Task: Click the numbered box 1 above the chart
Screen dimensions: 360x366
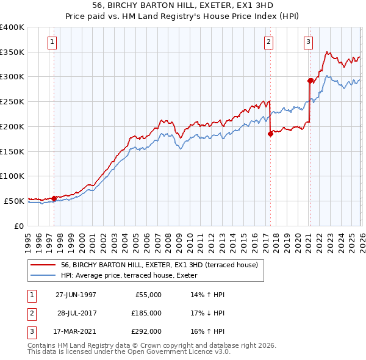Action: (52, 42)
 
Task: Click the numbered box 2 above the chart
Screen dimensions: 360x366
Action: (268, 42)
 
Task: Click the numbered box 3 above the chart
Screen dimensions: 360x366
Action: (308, 42)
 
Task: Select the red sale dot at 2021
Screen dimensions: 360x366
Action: (310, 81)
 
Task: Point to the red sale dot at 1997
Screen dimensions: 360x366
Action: (54, 198)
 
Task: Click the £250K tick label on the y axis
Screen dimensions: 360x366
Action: (12, 101)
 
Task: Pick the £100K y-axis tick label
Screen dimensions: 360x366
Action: (12, 176)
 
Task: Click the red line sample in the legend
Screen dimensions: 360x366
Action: (43, 265)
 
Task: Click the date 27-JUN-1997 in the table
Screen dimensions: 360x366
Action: (76, 295)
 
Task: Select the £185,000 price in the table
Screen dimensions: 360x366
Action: (146, 313)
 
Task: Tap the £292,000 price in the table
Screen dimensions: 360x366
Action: (146, 332)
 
